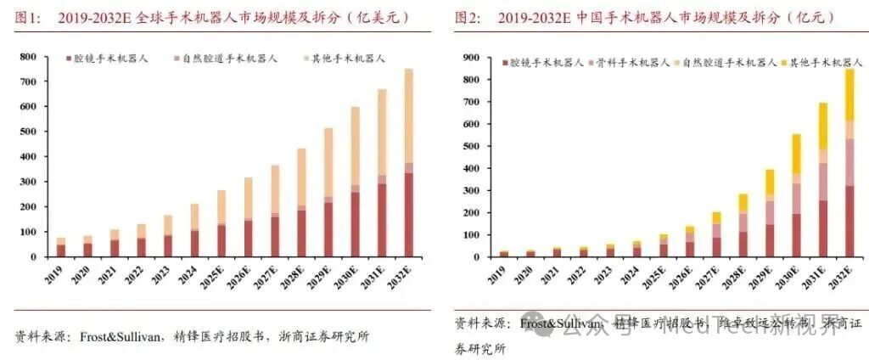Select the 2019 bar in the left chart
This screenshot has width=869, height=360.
61,247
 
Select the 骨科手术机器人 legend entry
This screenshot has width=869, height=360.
626,63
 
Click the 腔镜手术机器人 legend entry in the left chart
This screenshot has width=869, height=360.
105,59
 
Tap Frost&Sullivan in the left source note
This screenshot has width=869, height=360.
122,336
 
